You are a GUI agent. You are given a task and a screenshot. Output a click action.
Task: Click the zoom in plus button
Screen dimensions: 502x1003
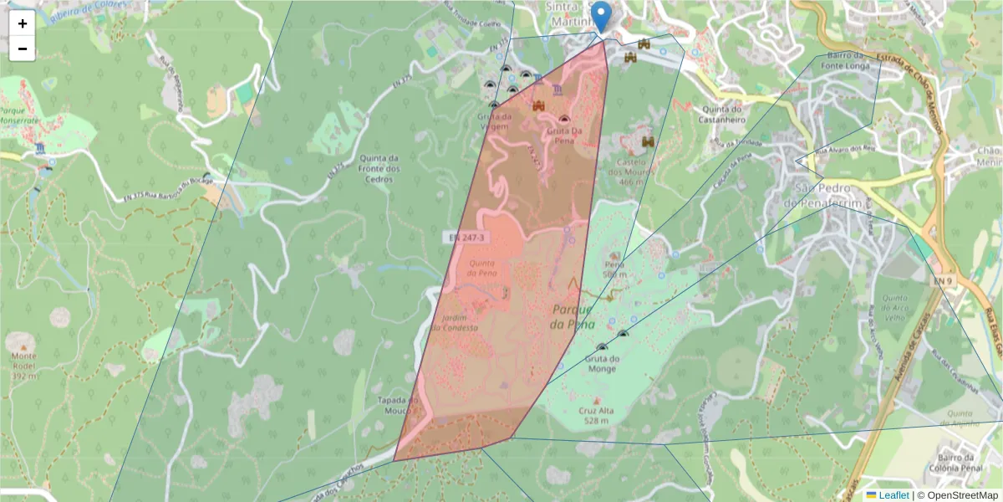23,23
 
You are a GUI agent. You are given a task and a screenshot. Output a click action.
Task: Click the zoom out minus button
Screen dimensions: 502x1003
23,49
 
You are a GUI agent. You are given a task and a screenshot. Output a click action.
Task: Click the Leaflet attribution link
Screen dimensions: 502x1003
893,495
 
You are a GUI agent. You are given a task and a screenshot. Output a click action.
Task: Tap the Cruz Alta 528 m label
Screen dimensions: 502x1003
596,416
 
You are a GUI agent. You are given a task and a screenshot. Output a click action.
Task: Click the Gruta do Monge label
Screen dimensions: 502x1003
602,363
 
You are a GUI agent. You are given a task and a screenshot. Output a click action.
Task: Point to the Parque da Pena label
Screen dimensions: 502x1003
573,317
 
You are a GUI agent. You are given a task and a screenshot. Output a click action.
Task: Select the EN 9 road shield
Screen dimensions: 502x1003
943,282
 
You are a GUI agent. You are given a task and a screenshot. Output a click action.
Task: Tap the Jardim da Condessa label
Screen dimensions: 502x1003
459,322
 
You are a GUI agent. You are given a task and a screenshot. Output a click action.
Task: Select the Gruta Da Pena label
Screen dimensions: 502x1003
566,131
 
